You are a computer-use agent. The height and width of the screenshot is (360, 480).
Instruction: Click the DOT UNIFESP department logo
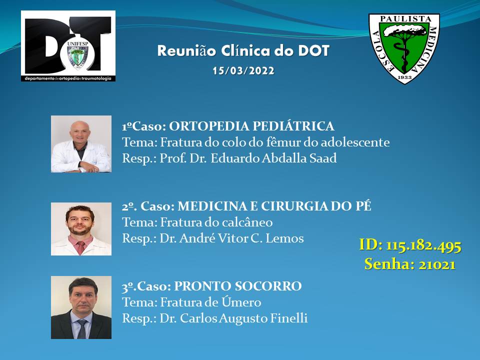68,46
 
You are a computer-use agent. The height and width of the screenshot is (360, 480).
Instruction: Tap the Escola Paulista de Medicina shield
404,48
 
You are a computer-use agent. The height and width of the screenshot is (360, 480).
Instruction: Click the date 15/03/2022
243,70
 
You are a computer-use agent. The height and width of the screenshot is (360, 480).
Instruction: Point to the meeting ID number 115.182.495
423,245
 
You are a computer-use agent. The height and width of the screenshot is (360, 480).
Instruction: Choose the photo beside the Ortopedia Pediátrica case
81,144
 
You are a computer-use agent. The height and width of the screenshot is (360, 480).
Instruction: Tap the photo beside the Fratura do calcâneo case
81,229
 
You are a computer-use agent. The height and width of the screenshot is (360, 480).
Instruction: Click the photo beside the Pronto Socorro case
81,307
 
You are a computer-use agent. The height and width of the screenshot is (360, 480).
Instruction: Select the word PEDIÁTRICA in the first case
293,126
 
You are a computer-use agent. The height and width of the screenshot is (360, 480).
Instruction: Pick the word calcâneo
246,222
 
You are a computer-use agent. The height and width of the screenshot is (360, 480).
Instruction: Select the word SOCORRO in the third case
268,286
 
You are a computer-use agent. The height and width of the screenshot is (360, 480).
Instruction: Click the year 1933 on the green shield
404,77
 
